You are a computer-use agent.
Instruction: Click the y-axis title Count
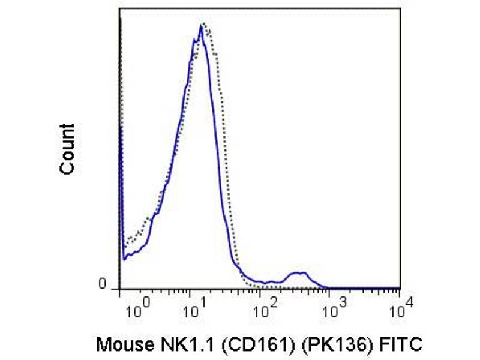point(68,149)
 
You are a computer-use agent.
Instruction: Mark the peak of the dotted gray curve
point(206,23)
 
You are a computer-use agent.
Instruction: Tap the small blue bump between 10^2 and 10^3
point(298,273)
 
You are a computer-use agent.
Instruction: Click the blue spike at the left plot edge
point(121,129)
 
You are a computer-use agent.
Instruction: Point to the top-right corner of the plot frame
point(400,8)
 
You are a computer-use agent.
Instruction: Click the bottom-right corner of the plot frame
point(400,289)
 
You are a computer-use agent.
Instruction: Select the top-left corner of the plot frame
point(120,8)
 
